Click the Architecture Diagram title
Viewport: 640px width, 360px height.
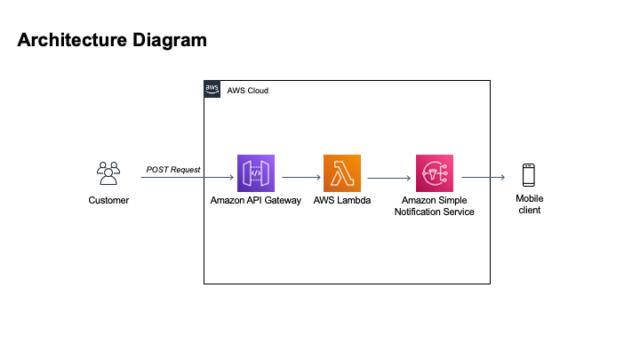[112, 40]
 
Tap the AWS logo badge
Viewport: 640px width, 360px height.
[212, 89]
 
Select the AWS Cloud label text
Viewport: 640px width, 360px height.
[248, 91]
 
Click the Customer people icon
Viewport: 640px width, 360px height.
[108, 173]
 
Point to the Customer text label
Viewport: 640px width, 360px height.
[108, 201]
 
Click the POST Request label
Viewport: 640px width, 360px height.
[173, 169]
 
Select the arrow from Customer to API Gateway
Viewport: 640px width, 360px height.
[187, 178]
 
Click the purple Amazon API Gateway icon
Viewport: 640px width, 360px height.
[256, 173]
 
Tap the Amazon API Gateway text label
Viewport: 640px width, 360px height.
[257, 201]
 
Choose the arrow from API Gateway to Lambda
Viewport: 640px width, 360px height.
[300, 178]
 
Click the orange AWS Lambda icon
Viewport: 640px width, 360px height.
[342, 173]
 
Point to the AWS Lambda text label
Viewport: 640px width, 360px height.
[343, 201]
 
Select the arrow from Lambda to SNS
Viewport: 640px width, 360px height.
[388, 178]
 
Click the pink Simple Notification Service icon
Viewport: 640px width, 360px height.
[435, 173]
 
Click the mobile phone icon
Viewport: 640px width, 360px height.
[529, 174]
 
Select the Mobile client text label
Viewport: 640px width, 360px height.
[529, 204]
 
